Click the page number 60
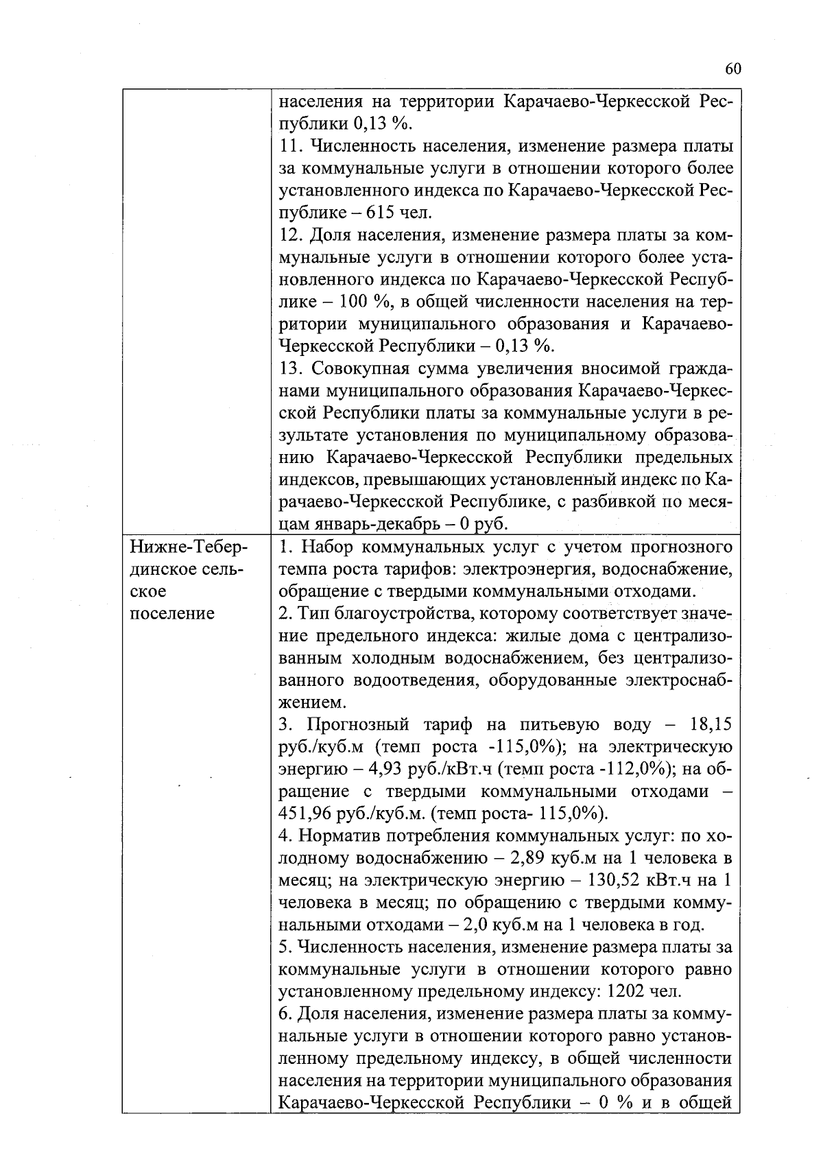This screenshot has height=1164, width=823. pyautogui.click(x=732, y=69)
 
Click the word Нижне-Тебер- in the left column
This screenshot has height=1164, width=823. pyautogui.click(x=186, y=547)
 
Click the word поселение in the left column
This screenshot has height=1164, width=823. pyautogui.click(x=172, y=613)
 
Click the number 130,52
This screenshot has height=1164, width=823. pyautogui.click(x=623, y=880)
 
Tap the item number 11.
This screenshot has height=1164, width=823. pyautogui.click(x=291, y=146)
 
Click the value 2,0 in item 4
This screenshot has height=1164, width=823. pyautogui.click(x=475, y=925)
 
